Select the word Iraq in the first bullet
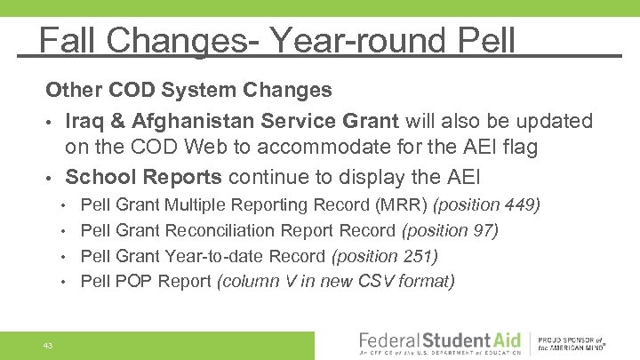pyautogui.click(x=87, y=120)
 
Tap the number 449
pyautogui.click(x=519, y=205)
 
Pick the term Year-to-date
pyautogui.click(x=208, y=257)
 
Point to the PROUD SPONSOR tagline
pyautogui.click(x=574, y=340)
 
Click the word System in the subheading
pyautogui.click(x=204, y=91)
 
